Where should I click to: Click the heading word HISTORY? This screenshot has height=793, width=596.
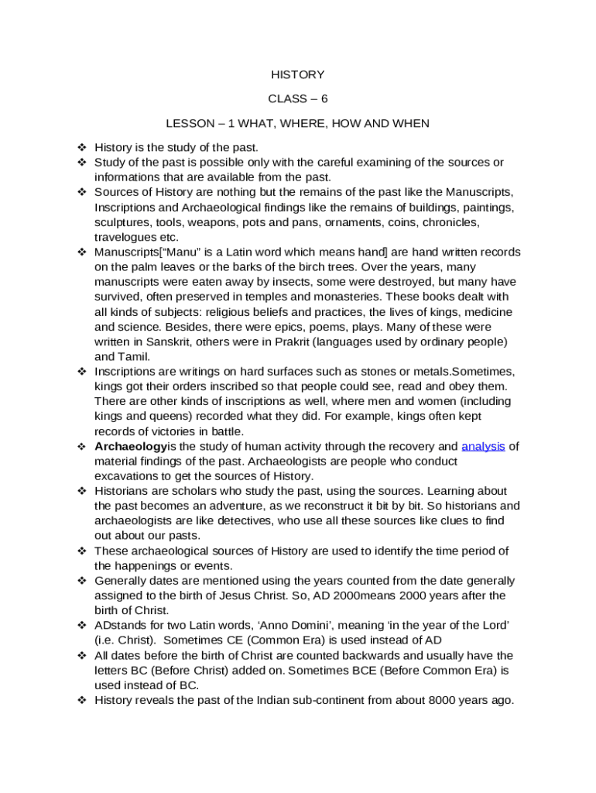(297, 75)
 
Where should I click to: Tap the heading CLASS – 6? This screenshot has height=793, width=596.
(297, 99)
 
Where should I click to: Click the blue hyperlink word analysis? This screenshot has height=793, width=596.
(483, 446)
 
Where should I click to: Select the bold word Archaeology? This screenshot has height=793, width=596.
(130, 446)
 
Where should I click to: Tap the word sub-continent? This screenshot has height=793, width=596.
(300, 700)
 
